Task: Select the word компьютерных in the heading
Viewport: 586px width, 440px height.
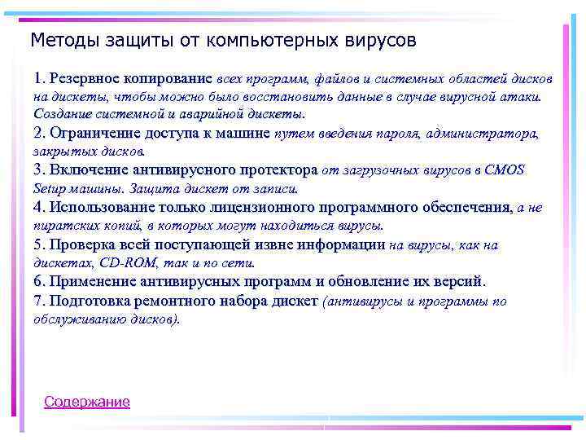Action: pyautogui.click(x=265, y=39)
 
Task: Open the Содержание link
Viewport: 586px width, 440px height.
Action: pyautogui.click(x=87, y=402)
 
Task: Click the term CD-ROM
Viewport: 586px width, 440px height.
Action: pyautogui.click(x=122, y=262)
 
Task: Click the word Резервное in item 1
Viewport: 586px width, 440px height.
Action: pyautogui.click(x=84, y=79)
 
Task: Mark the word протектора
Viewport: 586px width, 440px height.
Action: pyautogui.click(x=278, y=169)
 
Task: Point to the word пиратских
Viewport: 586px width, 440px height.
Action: pyautogui.click(x=59, y=225)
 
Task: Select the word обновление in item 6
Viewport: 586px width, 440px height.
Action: pyautogui.click(x=371, y=281)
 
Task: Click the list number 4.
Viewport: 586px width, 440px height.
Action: pyautogui.click(x=37, y=207)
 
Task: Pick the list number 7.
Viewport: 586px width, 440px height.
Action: pyautogui.click(x=37, y=301)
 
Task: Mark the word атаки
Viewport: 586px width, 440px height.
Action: pyautogui.click(x=524, y=96)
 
